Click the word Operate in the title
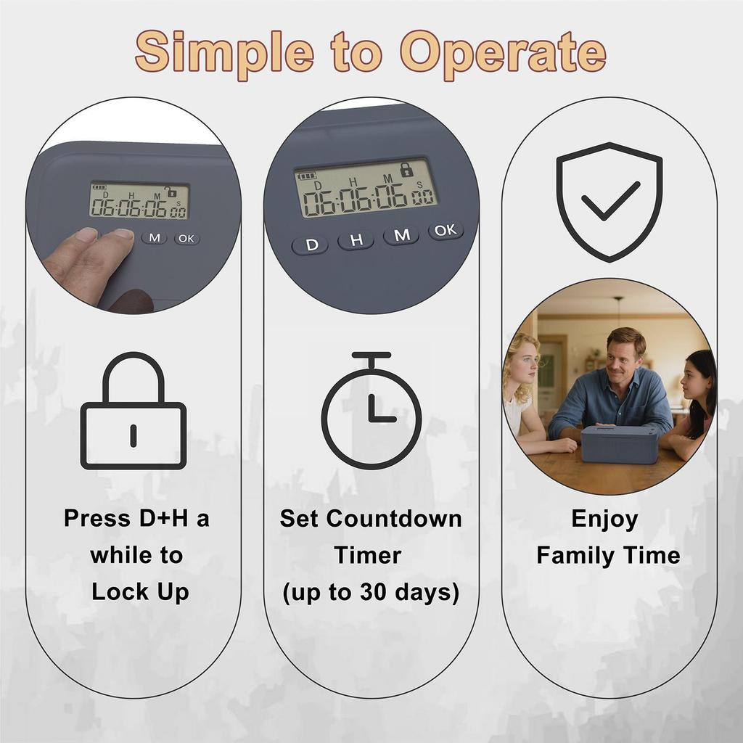click(504, 52)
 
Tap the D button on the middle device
click(312, 245)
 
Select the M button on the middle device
click(401, 235)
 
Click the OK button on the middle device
click(446, 230)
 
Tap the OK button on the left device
click(186, 238)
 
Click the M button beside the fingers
click(154, 237)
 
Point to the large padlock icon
click(134, 411)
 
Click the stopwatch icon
click(371, 411)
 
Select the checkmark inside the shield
click(610, 201)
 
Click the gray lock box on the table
click(619, 444)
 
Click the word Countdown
click(406, 519)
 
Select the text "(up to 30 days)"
click(371, 592)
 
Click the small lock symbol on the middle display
click(406, 170)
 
